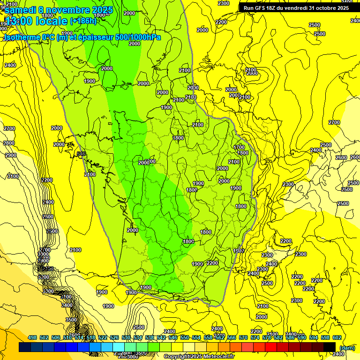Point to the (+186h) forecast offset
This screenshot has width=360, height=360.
tap(83, 21)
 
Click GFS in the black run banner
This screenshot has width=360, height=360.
tap(263, 8)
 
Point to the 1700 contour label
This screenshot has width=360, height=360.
tap(239, 147)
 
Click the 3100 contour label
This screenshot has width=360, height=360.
tap(13, 176)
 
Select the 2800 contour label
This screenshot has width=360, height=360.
tap(9, 143)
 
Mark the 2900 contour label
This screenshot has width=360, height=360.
tap(11, 155)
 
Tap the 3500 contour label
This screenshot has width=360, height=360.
tap(71, 319)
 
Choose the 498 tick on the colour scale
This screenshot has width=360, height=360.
tap(32, 337)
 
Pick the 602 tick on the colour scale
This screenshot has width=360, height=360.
tap(337, 337)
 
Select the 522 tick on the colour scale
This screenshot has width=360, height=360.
tap(102, 337)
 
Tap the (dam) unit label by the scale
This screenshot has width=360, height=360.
tap(347, 347)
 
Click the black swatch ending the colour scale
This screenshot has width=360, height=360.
tap(330, 347)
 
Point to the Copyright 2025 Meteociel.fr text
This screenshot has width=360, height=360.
tap(199, 356)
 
